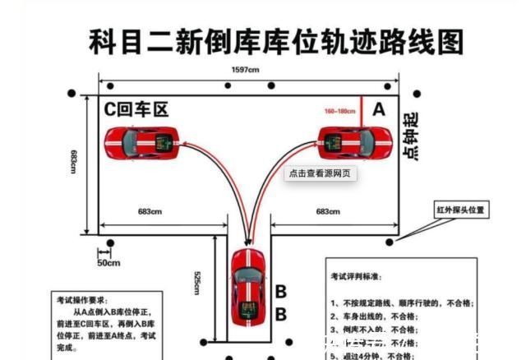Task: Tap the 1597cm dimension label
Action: (246, 71)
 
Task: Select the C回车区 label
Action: (136, 109)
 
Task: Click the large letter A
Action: (378, 108)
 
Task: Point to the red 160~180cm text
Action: (340, 110)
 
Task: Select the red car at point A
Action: (353, 142)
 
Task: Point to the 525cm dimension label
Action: (198, 284)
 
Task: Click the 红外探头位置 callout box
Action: (461, 210)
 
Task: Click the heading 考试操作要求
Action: (82, 301)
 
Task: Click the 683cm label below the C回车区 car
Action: (150, 212)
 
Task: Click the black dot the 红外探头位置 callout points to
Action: (390, 241)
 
